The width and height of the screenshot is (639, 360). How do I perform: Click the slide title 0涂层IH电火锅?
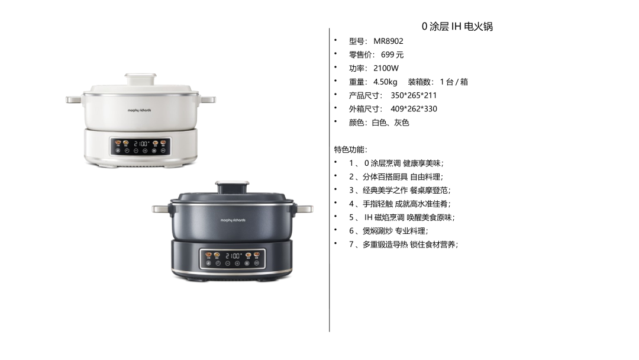click(457, 27)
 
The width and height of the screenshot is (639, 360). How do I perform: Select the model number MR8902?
click(388, 41)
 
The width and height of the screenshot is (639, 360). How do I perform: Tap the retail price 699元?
click(392, 54)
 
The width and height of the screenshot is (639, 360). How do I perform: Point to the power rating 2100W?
click(386, 68)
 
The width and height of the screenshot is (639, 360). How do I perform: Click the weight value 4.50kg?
click(385, 82)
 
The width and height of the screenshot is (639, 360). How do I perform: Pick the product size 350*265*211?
click(414, 95)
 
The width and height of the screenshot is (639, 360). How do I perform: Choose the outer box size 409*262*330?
click(414, 109)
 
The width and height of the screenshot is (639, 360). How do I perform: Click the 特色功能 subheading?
click(350, 150)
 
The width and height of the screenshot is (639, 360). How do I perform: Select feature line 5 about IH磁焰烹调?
click(401, 217)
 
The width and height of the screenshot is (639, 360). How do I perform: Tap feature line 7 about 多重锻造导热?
click(404, 245)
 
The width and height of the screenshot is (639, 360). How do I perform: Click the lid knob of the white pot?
click(141, 79)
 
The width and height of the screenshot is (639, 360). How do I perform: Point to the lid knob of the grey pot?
click(232, 188)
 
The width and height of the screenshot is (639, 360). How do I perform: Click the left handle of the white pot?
click(74, 99)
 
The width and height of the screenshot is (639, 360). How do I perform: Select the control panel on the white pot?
click(140, 146)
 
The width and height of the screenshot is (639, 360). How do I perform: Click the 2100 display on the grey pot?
click(233, 256)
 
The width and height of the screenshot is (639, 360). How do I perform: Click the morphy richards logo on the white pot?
click(140, 110)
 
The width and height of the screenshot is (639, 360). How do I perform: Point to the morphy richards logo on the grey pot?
click(233, 220)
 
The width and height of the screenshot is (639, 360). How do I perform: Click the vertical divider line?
click(330, 180)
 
